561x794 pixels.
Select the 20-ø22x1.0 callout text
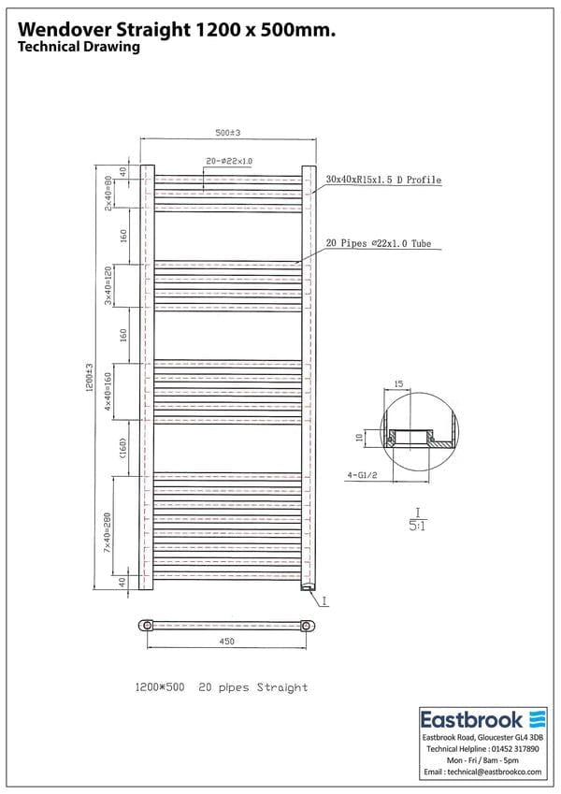(230, 162)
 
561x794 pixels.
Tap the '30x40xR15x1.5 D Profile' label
(383, 180)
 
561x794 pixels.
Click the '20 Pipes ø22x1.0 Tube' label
(378, 244)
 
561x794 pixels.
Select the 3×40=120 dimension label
(108, 285)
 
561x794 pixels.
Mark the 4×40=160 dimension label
(108, 391)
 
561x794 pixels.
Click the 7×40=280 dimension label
(108, 530)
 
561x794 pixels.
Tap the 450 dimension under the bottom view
(226, 642)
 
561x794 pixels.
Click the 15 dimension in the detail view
(398, 383)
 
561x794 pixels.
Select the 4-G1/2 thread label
(361, 475)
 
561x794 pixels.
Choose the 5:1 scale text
(418, 525)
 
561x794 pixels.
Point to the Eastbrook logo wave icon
(537, 719)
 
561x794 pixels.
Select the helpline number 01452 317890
(514, 750)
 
